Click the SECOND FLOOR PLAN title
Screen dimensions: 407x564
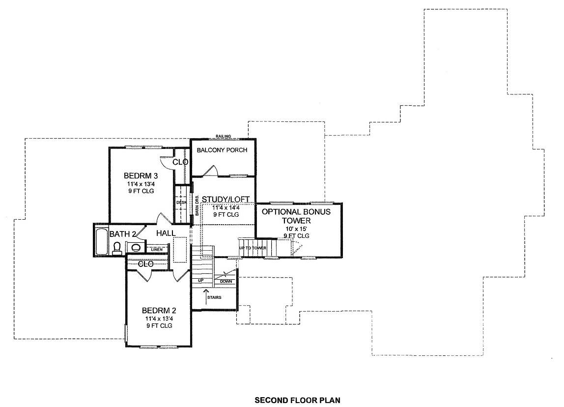[297, 400]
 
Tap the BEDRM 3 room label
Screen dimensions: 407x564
[141, 175]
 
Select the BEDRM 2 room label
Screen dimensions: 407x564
[159, 311]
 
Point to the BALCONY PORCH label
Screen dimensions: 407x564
[222, 150]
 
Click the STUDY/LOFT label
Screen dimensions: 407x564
[226, 199]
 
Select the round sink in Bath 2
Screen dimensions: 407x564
[136, 248]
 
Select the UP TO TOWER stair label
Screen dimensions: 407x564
[253, 248]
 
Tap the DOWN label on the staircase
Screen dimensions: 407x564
[226, 281]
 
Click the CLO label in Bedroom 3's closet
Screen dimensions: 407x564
[180, 162]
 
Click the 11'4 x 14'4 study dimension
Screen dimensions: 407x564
[226, 208]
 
